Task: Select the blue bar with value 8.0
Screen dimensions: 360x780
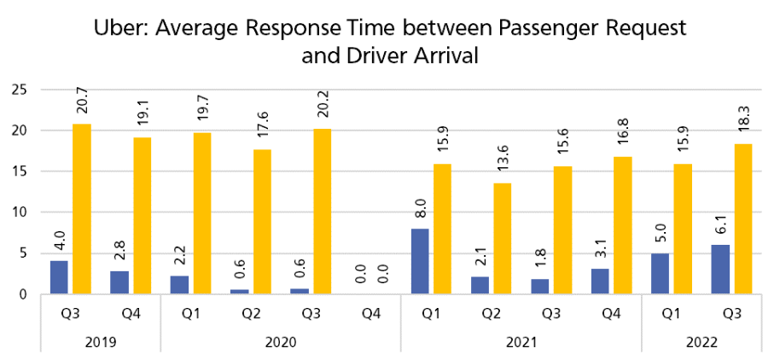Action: pos(419,261)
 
